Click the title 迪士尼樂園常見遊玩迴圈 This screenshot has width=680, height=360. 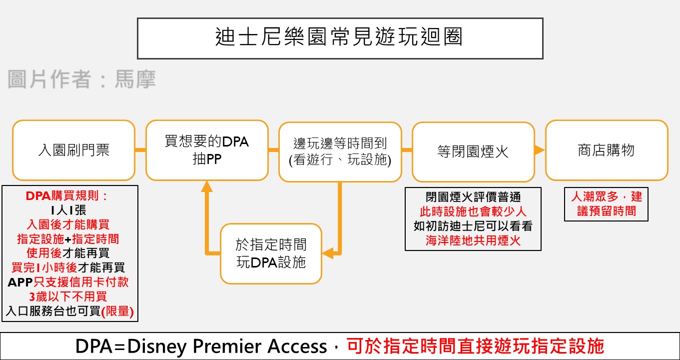point(340,38)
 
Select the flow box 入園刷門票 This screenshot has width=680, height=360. point(73,150)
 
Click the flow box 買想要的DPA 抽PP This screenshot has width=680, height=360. point(207,150)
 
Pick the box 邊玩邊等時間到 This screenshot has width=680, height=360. point(340,151)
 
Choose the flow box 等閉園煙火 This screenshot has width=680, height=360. point(473,151)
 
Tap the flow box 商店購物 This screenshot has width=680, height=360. point(606,150)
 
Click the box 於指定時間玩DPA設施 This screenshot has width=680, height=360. point(271,253)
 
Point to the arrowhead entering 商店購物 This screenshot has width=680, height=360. point(539,150)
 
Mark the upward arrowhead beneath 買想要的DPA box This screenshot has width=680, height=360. point(207,186)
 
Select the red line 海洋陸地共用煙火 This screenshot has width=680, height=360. point(473,240)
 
